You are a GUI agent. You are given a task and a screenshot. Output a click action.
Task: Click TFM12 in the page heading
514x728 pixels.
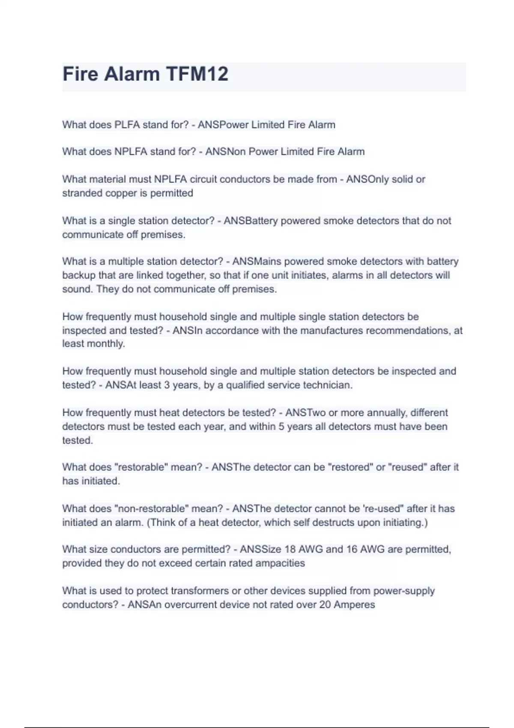click(x=197, y=74)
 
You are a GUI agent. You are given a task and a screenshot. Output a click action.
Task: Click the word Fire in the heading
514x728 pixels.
click(x=81, y=74)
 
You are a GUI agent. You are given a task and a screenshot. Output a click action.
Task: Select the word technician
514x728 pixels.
click(x=328, y=385)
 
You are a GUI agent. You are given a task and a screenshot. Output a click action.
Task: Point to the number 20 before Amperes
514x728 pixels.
click(x=325, y=605)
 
